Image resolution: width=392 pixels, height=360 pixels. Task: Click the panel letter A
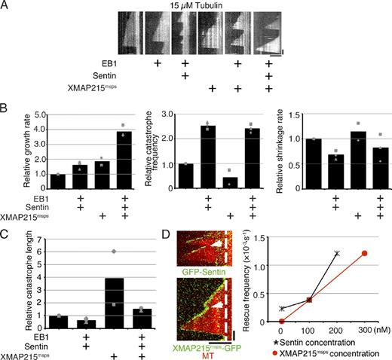click(7, 6)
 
